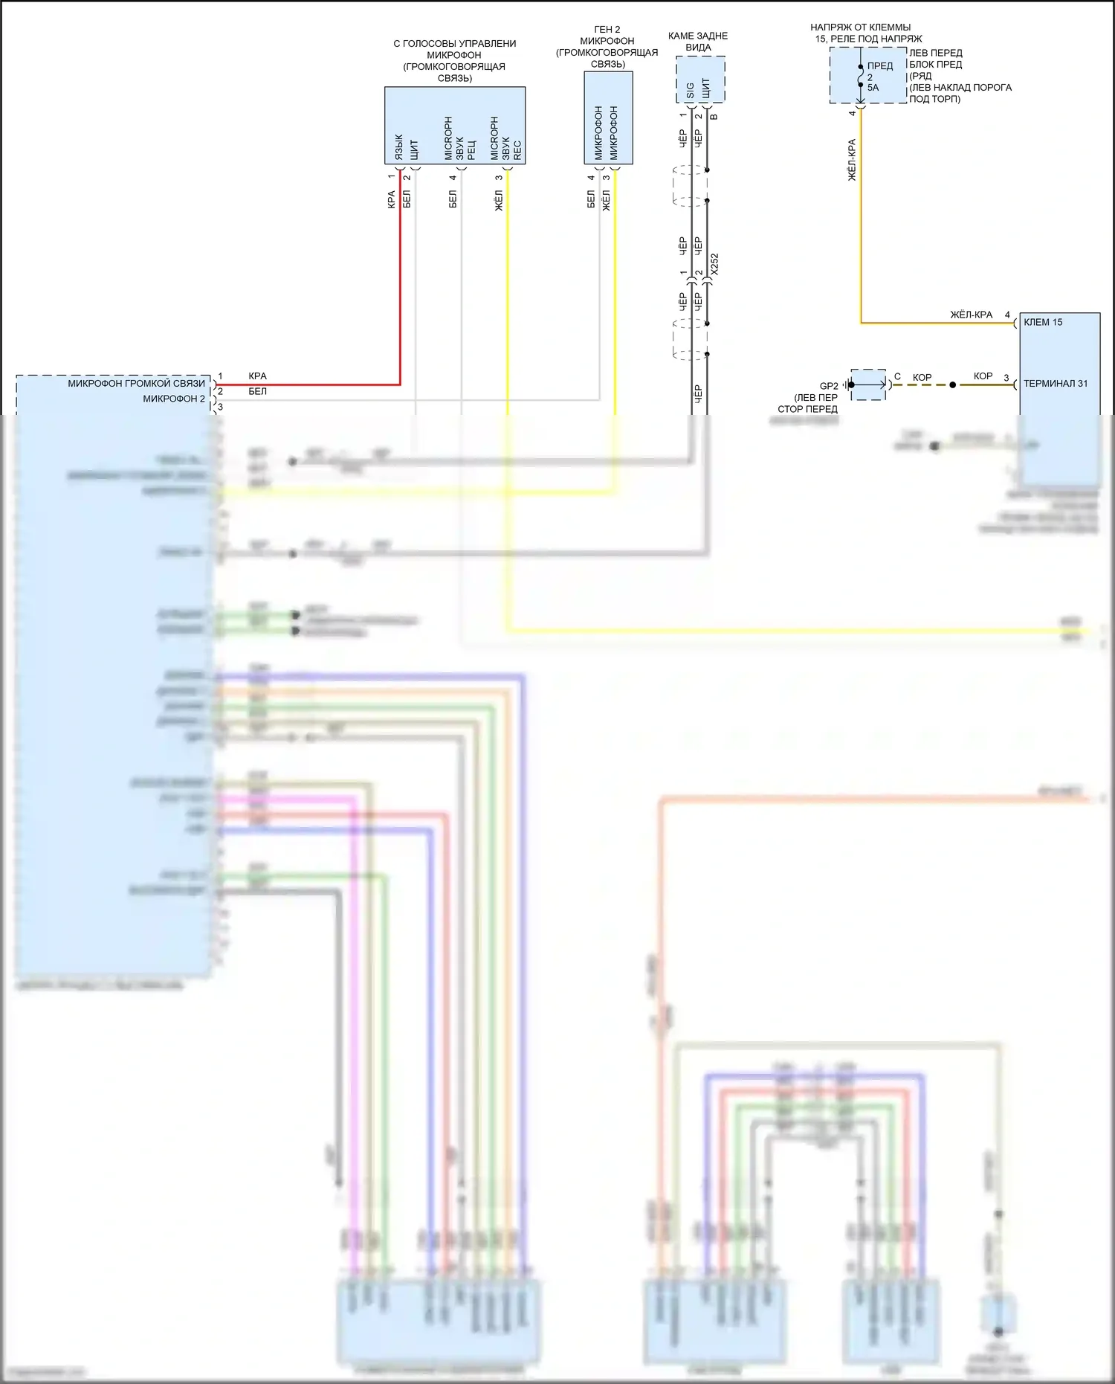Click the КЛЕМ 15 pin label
coord(1042,322)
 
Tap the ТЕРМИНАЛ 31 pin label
coord(1055,384)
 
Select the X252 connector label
coord(714,264)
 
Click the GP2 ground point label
coord(828,386)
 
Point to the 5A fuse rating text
coord(873,88)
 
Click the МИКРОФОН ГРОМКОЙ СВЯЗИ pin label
coord(136,384)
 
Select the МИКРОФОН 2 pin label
coord(173,399)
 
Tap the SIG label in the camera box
coord(690,90)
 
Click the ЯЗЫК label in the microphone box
coord(398,147)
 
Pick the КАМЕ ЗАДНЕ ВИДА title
coord(698,42)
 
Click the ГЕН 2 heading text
coord(607,30)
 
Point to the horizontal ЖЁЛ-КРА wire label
coord(971,315)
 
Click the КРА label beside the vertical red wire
coord(392,199)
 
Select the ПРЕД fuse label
coord(880,66)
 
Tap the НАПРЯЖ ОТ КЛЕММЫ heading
coord(860,28)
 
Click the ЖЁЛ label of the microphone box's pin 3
coord(499,199)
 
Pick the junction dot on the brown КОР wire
coord(953,385)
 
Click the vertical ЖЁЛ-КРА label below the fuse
coord(852,160)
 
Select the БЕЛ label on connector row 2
coord(257,391)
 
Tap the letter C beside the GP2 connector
coord(897,377)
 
